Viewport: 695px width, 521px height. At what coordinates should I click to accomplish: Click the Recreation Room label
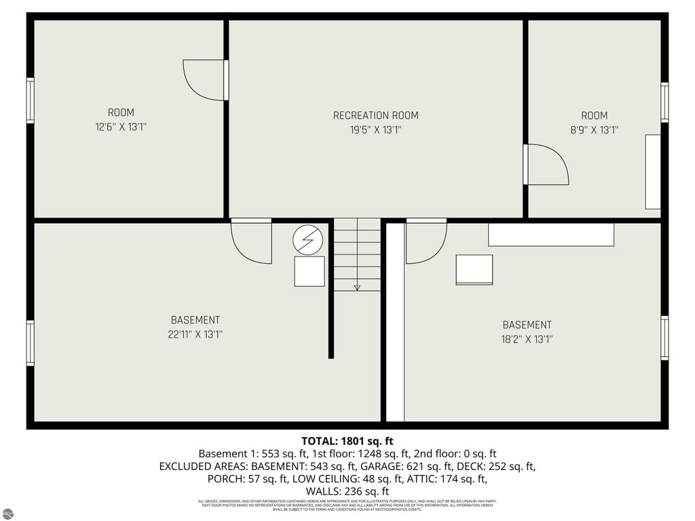tap(375, 115)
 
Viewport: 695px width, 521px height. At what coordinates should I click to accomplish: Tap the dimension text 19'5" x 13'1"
tap(375, 130)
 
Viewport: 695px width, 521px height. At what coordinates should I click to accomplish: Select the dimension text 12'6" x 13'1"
tap(121, 127)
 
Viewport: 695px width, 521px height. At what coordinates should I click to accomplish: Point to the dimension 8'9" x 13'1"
tap(594, 130)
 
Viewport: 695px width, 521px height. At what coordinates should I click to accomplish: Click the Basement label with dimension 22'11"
tap(195, 320)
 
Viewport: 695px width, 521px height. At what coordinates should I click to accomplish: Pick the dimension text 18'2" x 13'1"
tap(527, 340)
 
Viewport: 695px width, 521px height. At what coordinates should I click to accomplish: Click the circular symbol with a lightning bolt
tap(309, 239)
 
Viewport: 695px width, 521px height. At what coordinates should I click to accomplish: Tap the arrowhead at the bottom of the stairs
tap(357, 288)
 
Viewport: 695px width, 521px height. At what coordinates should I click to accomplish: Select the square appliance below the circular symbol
tap(309, 271)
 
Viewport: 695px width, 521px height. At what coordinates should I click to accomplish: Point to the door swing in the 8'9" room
tap(547, 164)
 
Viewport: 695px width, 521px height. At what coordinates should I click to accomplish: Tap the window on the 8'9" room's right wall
tap(664, 102)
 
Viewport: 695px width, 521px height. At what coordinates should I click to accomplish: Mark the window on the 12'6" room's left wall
tap(30, 100)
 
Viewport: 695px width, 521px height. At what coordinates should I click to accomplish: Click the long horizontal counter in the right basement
tap(551, 235)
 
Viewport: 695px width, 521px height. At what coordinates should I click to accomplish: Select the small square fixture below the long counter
tap(474, 270)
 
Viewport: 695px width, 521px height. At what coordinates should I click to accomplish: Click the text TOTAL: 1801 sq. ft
tap(347, 441)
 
